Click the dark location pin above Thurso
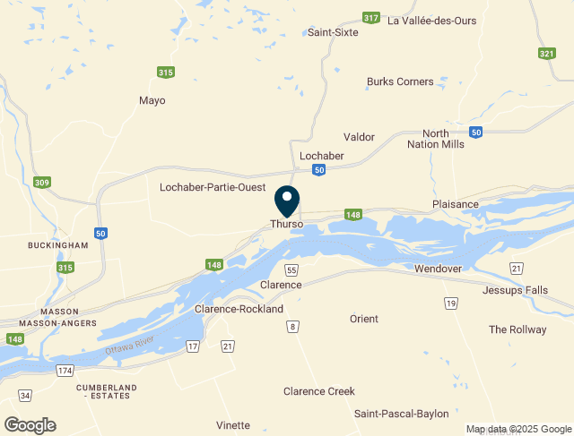pyautogui.click(x=287, y=200)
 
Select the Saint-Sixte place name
pyautogui.click(x=333, y=32)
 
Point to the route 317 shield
pyautogui.click(x=370, y=18)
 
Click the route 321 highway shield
pyautogui.click(x=546, y=54)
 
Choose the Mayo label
pyautogui.click(x=152, y=100)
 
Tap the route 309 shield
pyautogui.click(x=42, y=183)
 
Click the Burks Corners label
pyautogui.click(x=400, y=81)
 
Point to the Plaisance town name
pyautogui.click(x=456, y=204)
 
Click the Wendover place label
pyautogui.click(x=438, y=269)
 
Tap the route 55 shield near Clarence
pyautogui.click(x=291, y=269)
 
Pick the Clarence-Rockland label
pyautogui.click(x=239, y=309)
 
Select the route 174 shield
pyautogui.click(x=65, y=370)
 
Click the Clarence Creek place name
pyautogui.click(x=319, y=391)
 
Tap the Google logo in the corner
pyautogui.click(x=30, y=425)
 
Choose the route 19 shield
pyautogui.click(x=449, y=304)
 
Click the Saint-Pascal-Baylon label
pyautogui.click(x=401, y=414)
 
